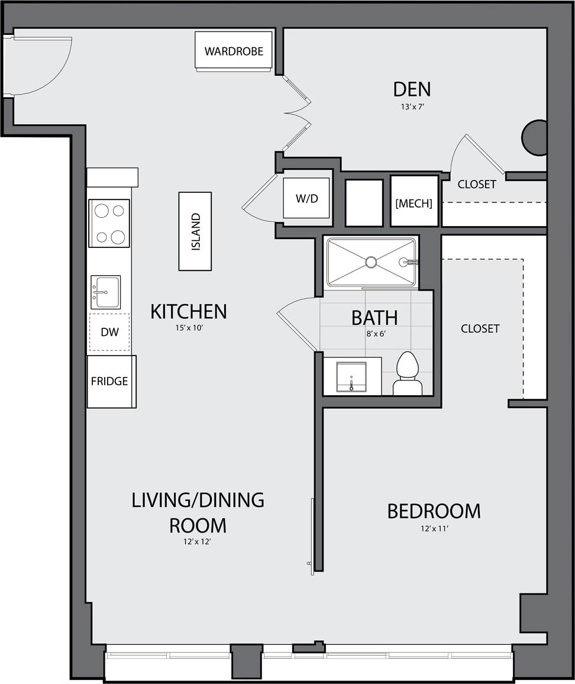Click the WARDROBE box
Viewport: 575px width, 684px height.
(234, 51)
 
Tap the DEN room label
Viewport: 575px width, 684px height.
(412, 89)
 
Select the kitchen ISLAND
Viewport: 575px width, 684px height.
(195, 231)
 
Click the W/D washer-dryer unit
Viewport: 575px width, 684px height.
(306, 198)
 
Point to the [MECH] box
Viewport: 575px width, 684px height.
(414, 203)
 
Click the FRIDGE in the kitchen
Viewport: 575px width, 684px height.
(110, 381)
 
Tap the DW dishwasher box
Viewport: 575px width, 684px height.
(109, 332)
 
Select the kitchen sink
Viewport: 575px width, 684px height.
(106, 292)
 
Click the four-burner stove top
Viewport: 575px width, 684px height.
(109, 223)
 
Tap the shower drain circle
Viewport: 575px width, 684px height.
(371, 262)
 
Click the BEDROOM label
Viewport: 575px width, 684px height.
(434, 511)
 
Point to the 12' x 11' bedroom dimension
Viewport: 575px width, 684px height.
(434, 529)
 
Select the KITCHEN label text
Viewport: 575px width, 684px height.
(188, 311)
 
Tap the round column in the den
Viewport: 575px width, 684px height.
(534, 138)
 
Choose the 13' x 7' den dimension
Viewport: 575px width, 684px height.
(412, 107)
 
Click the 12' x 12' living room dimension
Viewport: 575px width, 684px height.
(198, 541)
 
